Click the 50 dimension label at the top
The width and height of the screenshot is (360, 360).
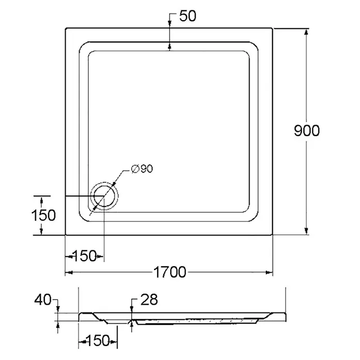click(x=188, y=16)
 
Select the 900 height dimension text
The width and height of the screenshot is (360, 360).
click(x=307, y=131)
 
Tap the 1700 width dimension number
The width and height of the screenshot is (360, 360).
click(x=170, y=272)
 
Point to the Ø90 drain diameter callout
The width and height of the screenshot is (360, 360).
click(x=142, y=169)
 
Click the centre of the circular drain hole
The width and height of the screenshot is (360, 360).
click(x=104, y=197)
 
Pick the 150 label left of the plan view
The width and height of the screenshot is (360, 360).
click(x=43, y=215)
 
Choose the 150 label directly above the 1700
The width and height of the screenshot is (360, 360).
click(x=84, y=256)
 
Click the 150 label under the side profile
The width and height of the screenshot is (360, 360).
click(x=98, y=340)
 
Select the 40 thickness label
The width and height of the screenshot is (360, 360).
click(x=43, y=300)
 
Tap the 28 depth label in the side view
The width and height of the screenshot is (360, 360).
click(x=149, y=299)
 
